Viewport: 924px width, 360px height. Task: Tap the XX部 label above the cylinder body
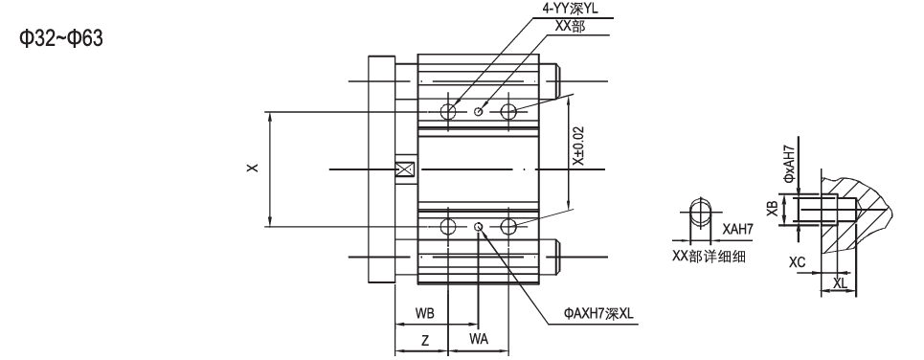(568, 26)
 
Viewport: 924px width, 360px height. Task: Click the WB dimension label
(426, 313)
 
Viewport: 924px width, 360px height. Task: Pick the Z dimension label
(424, 339)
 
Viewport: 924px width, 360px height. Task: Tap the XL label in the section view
(839, 282)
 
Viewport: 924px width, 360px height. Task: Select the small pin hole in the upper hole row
(480, 112)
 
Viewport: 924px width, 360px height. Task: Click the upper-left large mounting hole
(448, 112)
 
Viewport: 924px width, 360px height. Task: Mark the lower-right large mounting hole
(507, 226)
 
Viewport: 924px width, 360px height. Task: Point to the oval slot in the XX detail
(701, 212)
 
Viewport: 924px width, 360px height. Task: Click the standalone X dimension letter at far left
(251, 169)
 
